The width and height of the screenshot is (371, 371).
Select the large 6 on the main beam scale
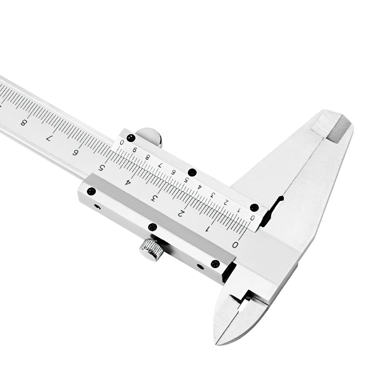75,153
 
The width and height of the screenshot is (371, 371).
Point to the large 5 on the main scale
101,168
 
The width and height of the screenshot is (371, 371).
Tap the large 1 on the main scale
208,229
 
